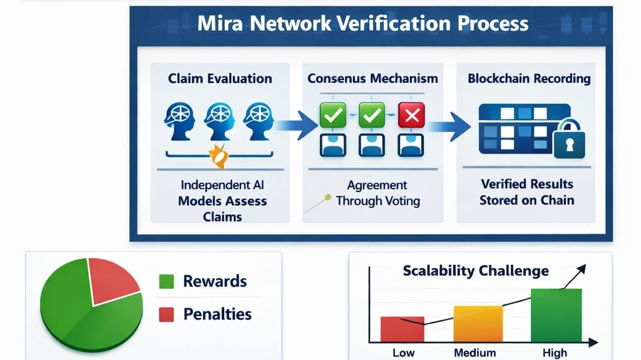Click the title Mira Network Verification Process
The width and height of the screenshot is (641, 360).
click(x=363, y=24)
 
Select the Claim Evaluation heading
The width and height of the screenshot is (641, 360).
click(x=220, y=79)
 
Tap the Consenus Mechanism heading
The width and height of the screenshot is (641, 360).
click(x=372, y=79)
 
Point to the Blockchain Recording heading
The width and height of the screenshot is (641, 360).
click(x=529, y=79)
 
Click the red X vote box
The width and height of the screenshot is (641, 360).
click(x=411, y=115)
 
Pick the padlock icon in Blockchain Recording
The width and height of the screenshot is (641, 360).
click(x=569, y=142)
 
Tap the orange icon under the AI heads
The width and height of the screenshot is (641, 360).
click(x=219, y=156)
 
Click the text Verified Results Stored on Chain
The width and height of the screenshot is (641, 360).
click(x=526, y=192)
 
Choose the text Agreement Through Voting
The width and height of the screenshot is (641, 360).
click(x=377, y=193)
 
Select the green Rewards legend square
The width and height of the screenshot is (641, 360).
click(x=166, y=282)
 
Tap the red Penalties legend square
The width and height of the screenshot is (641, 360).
click(x=166, y=314)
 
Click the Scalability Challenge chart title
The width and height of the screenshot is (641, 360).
click(x=476, y=270)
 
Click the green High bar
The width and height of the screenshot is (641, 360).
click(x=556, y=315)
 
